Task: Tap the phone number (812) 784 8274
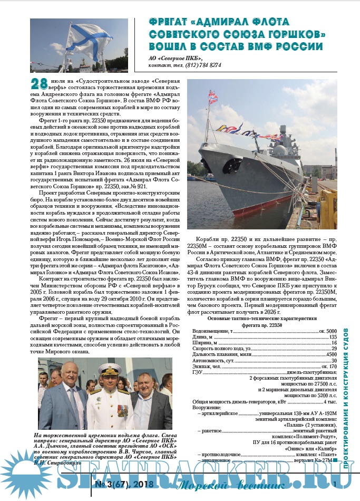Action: tap(203, 65)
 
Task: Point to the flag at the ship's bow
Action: tap(213, 97)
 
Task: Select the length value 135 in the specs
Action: tap(333, 336)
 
